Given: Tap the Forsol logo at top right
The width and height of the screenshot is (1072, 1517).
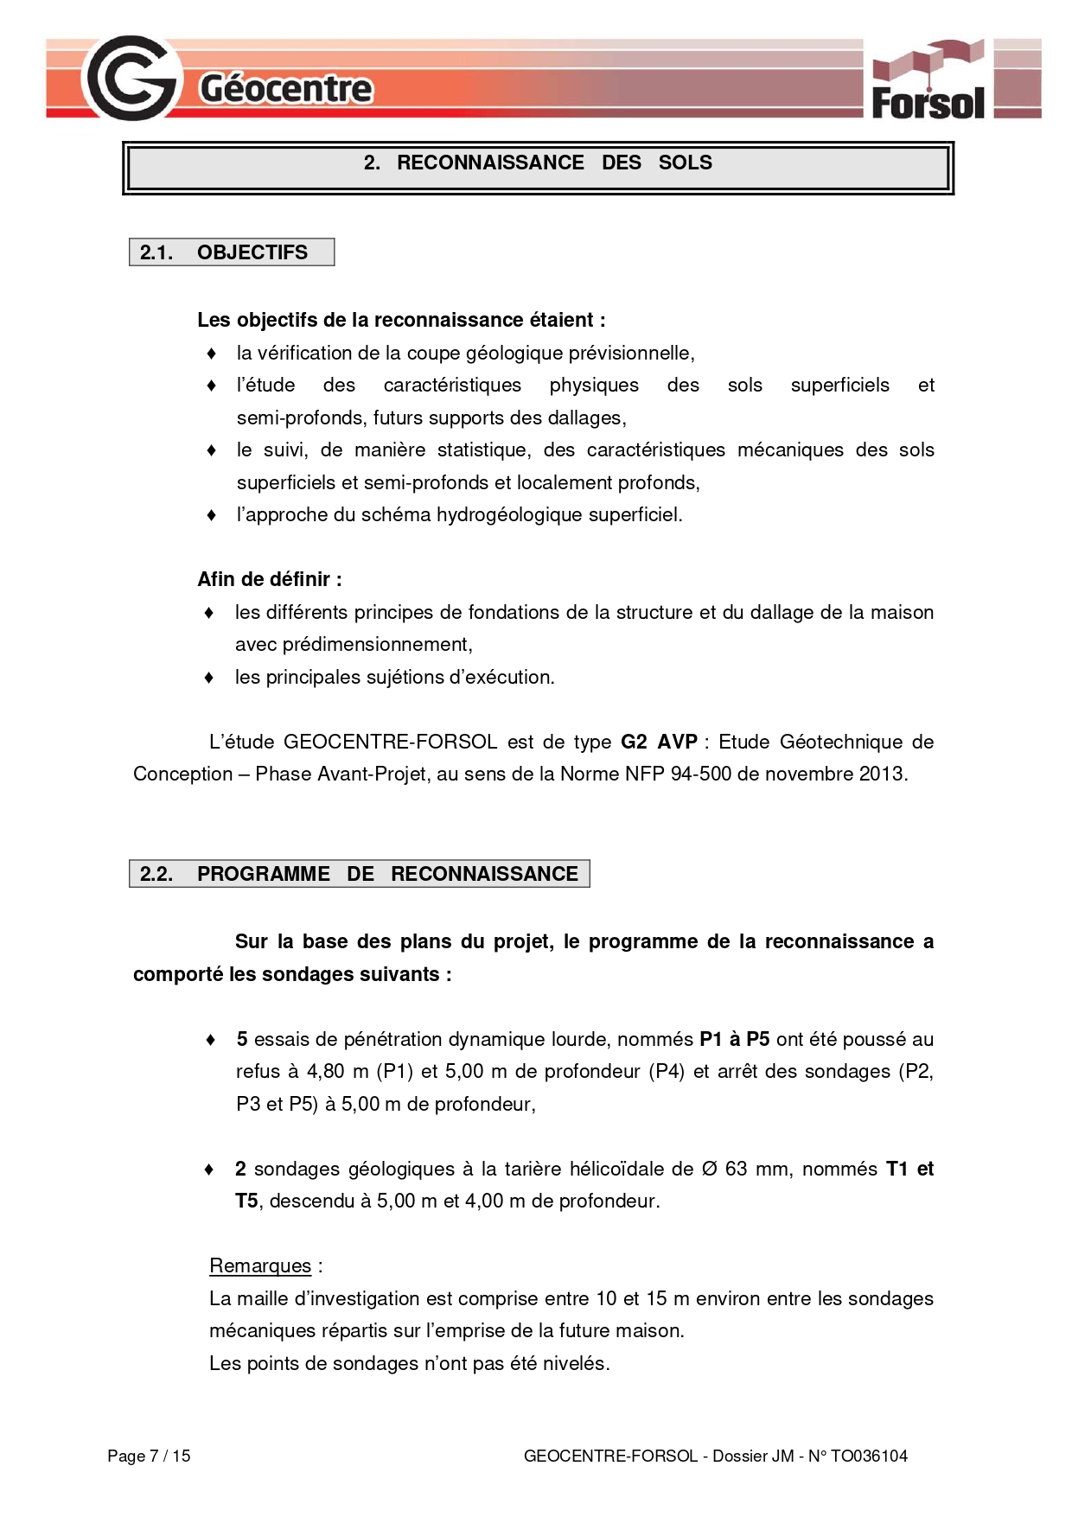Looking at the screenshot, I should pyautogui.click(x=928, y=80).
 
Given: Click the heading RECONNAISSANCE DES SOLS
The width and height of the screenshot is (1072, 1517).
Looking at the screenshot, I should pyautogui.click(x=538, y=163).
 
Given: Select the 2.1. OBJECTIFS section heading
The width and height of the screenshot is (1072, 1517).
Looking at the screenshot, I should pyautogui.click(x=231, y=252).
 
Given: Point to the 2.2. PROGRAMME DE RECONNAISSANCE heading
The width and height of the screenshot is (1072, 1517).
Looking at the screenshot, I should pyautogui.click(x=359, y=874).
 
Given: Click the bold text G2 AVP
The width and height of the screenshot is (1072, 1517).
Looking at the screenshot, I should pyautogui.click(x=659, y=742).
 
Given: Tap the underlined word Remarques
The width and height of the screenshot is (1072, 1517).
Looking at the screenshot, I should pyautogui.click(x=259, y=1265).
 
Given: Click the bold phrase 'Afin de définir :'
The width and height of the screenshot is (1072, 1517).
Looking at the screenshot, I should pyautogui.click(x=270, y=579).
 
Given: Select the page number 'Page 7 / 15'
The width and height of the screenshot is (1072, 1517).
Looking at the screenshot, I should pyautogui.click(x=149, y=1456).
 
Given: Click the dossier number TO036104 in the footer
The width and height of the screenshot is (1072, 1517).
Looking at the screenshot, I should pyautogui.click(x=869, y=1456).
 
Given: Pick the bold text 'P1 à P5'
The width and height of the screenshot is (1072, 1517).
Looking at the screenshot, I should pyautogui.click(x=734, y=1039).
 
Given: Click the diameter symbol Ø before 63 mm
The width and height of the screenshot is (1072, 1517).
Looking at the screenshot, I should pyautogui.click(x=709, y=1170).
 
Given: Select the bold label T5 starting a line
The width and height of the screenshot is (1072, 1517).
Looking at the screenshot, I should pyautogui.click(x=246, y=1201).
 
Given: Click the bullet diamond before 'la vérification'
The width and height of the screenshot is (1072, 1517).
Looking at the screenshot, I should pyautogui.click(x=211, y=354).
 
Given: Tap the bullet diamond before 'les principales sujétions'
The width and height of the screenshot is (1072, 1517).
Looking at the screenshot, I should pyautogui.click(x=208, y=678).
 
